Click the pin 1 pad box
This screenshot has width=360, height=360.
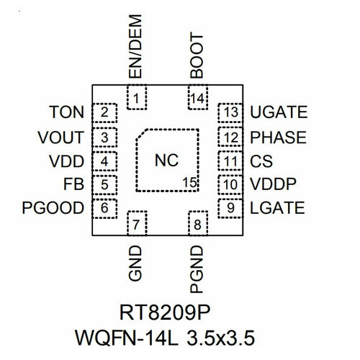(136, 97)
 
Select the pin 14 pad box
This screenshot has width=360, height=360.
(197, 97)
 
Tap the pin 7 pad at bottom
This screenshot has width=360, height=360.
(136, 225)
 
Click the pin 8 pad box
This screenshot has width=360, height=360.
(197, 225)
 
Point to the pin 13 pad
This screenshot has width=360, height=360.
(230, 112)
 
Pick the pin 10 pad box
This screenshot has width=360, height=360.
(230, 184)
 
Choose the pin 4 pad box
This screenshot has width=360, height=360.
(105, 161)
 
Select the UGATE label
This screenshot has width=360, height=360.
(278, 112)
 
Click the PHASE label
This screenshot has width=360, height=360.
(277, 137)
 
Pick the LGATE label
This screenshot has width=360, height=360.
(276, 209)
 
